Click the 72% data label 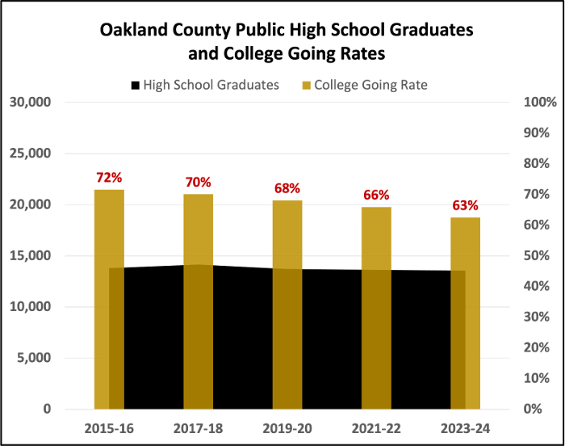[109, 178]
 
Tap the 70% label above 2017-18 [198, 183]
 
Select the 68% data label [287, 189]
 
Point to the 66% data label [376, 195]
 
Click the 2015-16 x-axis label [109, 428]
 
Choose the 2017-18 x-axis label [198, 428]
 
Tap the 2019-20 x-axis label [287, 428]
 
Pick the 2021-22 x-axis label [376, 428]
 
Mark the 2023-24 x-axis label [465, 428]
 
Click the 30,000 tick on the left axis [31, 103]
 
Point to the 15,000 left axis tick [31, 256]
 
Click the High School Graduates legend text [211, 85]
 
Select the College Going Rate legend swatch [306, 85]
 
